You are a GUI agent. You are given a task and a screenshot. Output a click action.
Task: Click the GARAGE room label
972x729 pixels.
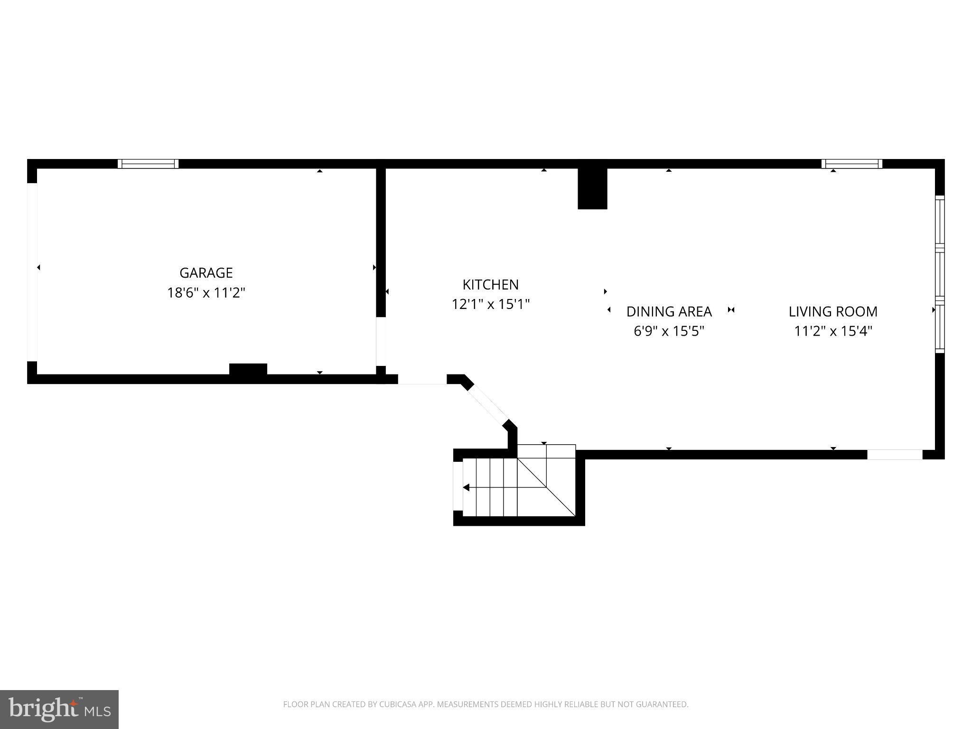pos(206,273)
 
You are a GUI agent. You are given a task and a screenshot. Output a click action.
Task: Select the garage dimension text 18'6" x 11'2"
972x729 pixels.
pos(206,293)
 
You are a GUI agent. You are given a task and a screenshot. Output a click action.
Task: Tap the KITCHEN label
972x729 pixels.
pos(490,285)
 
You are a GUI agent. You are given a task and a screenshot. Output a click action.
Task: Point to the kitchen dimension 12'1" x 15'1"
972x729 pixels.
pos(490,304)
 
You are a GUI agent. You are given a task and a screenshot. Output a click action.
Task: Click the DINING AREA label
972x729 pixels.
pos(669,312)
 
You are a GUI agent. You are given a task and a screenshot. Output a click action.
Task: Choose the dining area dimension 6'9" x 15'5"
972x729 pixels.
pos(669,331)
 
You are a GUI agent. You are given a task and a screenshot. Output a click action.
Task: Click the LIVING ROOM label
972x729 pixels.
pos(833,312)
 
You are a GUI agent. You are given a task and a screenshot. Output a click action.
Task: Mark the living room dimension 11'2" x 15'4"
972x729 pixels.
pos(833,331)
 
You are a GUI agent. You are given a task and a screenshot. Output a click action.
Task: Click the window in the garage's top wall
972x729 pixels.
pos(148,164)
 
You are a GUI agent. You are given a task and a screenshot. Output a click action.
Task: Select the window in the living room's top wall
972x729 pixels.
pos(852,164)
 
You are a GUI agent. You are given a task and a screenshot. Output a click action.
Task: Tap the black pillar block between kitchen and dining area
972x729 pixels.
pos(592,188)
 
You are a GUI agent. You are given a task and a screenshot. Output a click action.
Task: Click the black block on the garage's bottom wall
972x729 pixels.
pos(248,369)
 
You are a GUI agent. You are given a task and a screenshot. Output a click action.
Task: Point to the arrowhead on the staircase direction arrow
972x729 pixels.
pos(466,487)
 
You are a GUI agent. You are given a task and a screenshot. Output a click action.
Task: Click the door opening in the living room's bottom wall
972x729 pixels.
pos(895,455)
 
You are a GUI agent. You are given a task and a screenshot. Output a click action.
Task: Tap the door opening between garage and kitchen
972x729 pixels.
pos(381,341)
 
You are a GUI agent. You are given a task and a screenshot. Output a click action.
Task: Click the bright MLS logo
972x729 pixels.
pos(59,709)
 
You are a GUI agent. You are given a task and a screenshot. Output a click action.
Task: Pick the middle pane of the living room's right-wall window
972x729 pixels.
pos(940,274)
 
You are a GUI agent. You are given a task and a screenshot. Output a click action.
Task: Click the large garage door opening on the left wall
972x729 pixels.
pos(32,272)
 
